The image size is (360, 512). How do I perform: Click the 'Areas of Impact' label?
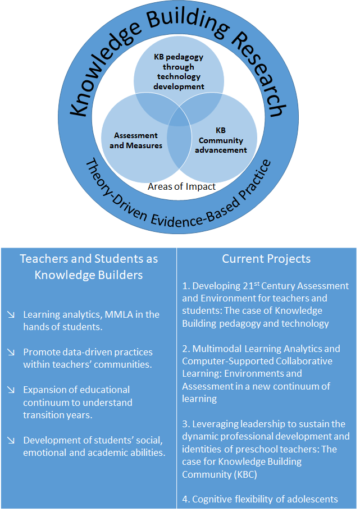pos(181,186)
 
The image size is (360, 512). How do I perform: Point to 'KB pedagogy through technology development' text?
pos(179,72)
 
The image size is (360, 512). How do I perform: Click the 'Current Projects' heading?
pos(266,259)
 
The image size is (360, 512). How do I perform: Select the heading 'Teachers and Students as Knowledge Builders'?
pos(89,267)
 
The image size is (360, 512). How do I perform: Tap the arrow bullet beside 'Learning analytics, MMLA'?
pos(11,315)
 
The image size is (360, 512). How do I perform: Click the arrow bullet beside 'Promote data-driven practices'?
pos(11,353)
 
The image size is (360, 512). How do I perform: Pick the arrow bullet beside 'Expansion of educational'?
pos(11,390)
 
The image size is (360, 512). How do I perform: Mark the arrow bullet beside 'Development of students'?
pos(11,440)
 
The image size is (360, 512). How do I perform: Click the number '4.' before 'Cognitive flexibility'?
pos(186,499)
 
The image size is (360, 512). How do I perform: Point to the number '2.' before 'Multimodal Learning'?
pos(186,349)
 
